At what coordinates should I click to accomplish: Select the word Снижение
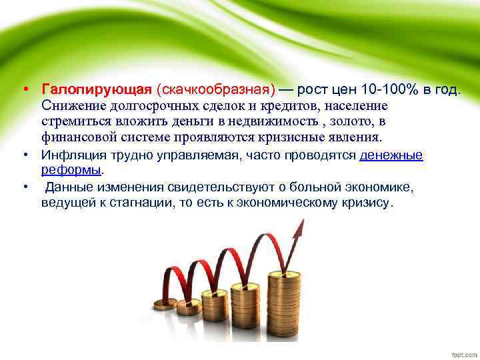[72, 106]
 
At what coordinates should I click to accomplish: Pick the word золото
[346, 122]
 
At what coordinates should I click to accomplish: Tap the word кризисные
[286, 138]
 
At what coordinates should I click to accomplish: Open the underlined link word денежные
[391, 156]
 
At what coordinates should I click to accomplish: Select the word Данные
[72, 186]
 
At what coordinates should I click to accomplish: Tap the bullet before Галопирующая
[25, 90]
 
